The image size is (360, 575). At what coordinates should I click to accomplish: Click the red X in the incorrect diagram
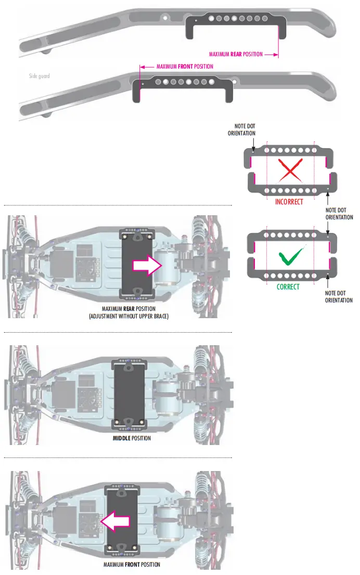click(290, 171)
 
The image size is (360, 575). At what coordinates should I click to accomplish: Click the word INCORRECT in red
click(289, 202)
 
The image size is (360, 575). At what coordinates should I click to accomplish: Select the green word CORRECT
click(288, 286)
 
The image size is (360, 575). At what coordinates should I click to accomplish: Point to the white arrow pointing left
click(114, 521)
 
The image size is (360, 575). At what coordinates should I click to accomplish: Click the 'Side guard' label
click(40, 76)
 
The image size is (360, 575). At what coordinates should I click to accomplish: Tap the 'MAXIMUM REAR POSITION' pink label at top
click(236, 54)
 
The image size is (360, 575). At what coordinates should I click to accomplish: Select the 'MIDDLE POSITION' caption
click(132, 438)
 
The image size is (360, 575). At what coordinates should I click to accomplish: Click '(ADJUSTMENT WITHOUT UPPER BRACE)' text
click(128, 317)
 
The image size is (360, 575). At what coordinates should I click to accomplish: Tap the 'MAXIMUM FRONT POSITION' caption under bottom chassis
click(132, 565)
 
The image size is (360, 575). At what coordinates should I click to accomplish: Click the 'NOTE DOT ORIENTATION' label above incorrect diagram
click(242, 129)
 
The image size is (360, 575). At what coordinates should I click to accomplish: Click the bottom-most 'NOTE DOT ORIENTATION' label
click(339, 296)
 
